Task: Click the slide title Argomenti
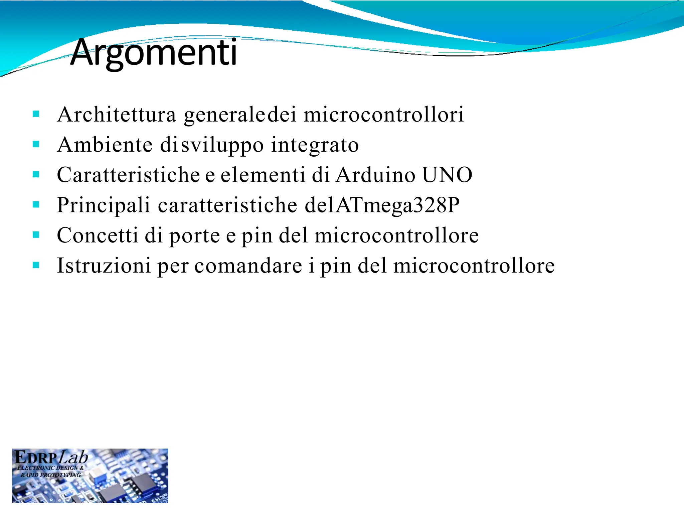(x=154, y=52)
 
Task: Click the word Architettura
(x=117, y=115)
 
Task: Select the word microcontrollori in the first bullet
(x=384, y=115)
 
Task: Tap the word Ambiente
(x=105, y=145)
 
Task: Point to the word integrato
(x=315, y=145)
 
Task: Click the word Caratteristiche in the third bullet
(x=128, y=175)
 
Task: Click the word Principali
(x=104, y=205)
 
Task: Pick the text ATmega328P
(x=398, y=205)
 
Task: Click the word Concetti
(x=97, y=235)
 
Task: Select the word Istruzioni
(x=104, y=266)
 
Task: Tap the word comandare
(x=248, y=266)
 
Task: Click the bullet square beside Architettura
(x=36, y=115)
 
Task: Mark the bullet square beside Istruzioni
(x=36, y=266)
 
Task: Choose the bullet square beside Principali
(x=36, y=205)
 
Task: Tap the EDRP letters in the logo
(x=36, y=458)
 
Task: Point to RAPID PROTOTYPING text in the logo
(x=50, y=475)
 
